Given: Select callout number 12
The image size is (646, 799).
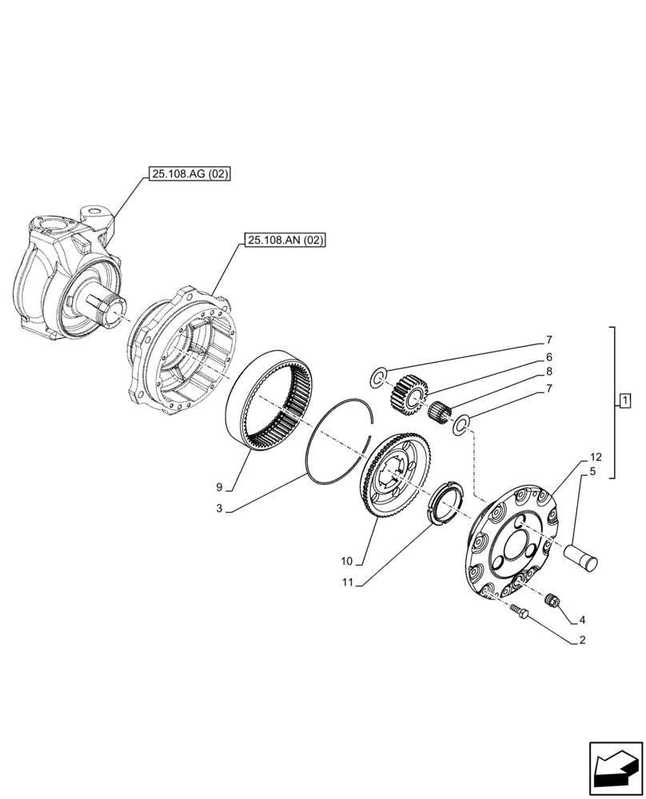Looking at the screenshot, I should [x=595, y=457].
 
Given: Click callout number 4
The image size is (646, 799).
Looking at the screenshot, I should [x=582, y=618].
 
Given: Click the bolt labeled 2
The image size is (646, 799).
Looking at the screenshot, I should [x=518, y=611].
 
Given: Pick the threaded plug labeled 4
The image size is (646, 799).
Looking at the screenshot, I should [x=549, y=600].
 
